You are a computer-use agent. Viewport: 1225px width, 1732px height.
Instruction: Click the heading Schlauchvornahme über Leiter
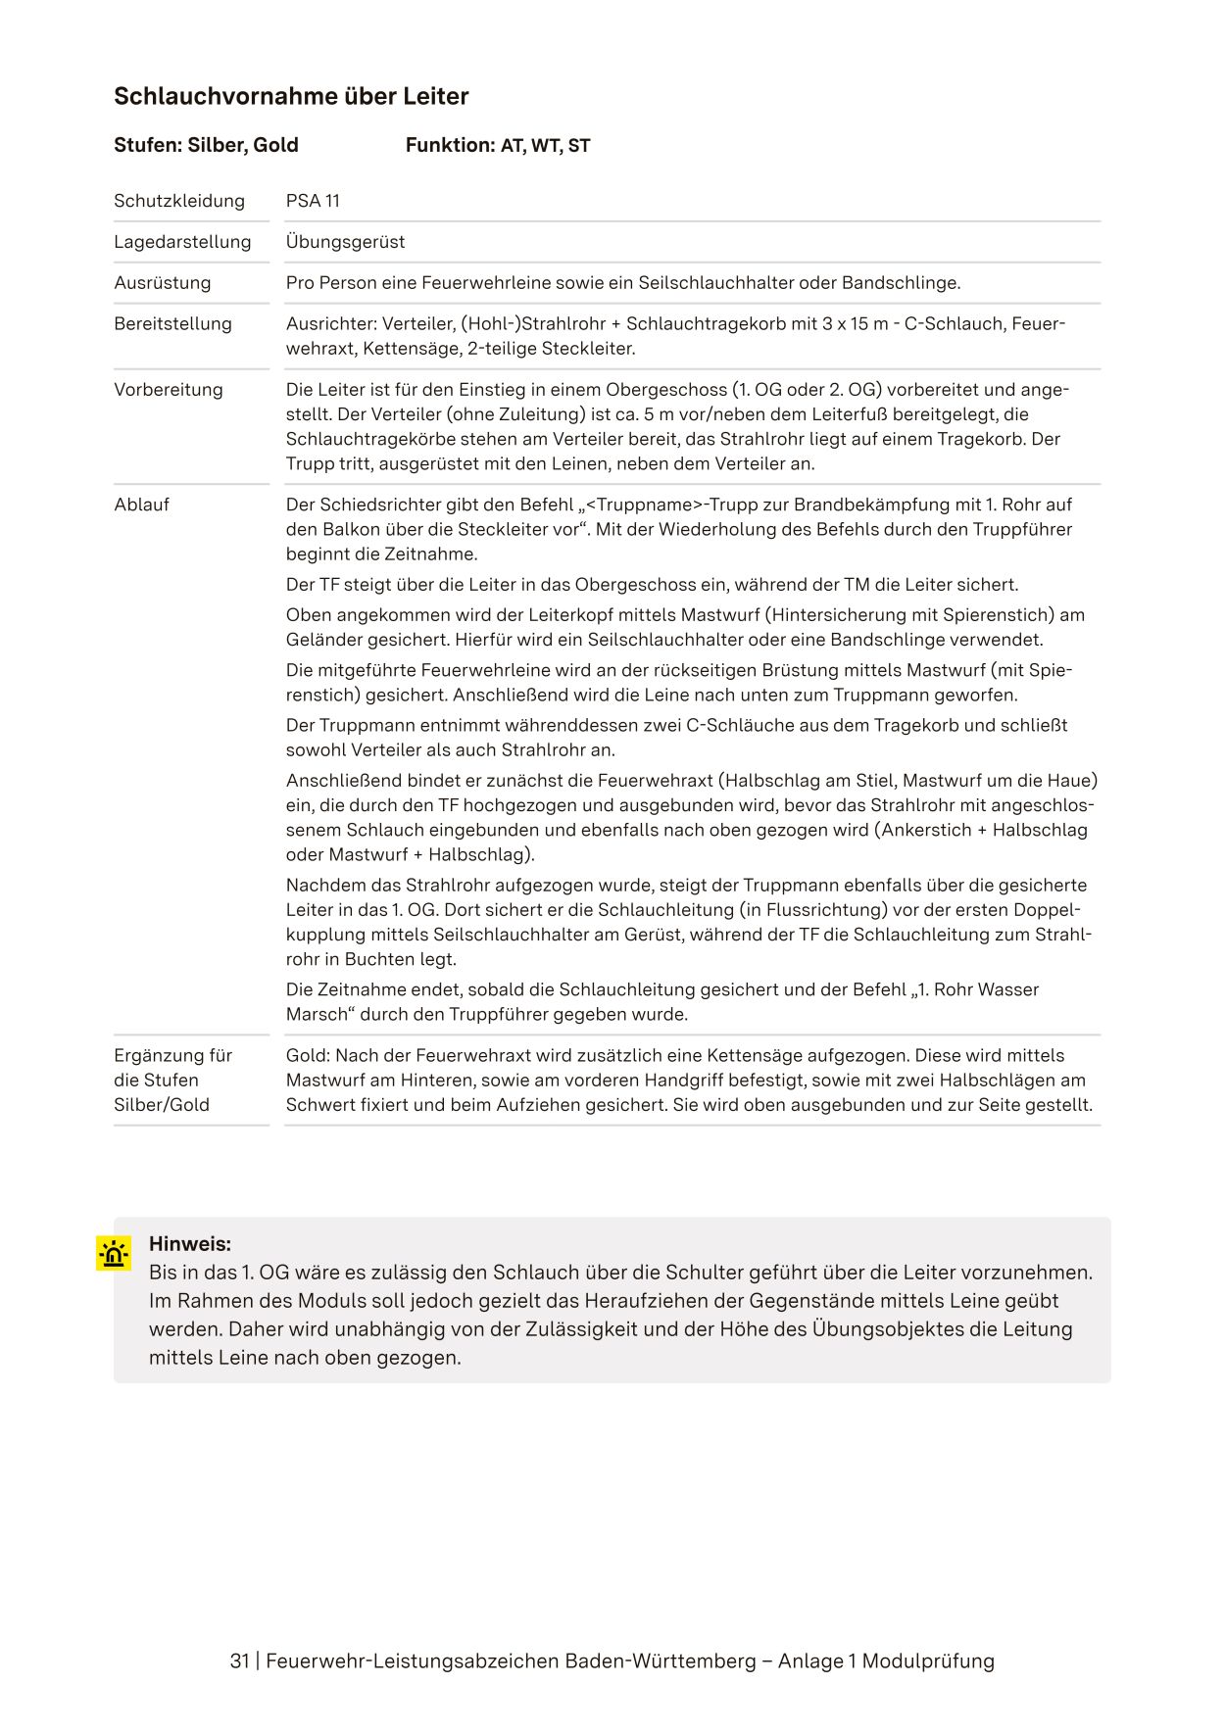coord(291,96)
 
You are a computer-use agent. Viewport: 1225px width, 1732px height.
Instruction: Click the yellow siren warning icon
coord(114,1253)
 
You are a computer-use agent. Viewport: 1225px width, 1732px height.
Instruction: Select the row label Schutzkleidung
coord(179,201)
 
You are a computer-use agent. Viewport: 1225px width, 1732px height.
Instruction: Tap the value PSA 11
coord(313,201)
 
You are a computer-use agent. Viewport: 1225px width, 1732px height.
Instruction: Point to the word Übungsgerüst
coord(345,242)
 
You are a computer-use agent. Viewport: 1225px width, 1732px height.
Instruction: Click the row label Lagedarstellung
coord(182,242)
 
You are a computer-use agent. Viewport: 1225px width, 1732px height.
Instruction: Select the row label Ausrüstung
coord(162,283)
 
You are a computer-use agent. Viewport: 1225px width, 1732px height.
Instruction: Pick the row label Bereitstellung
coord(172,324)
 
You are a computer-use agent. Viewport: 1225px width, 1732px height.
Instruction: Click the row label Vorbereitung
coord(169,390)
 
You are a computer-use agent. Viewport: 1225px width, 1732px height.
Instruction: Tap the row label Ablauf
coord(141,505)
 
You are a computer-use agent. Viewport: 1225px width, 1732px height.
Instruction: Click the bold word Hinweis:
coord(190,1244)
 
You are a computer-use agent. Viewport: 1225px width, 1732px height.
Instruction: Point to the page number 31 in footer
coord(239,1660)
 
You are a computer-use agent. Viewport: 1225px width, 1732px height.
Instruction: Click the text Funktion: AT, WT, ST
coord(498,146)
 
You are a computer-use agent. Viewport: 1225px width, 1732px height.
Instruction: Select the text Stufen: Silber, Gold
coord(206,146)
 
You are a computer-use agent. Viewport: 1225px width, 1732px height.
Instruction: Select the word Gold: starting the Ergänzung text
coord(308,1055)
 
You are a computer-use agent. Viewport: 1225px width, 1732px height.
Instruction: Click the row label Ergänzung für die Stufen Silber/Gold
coord(172,1080)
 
